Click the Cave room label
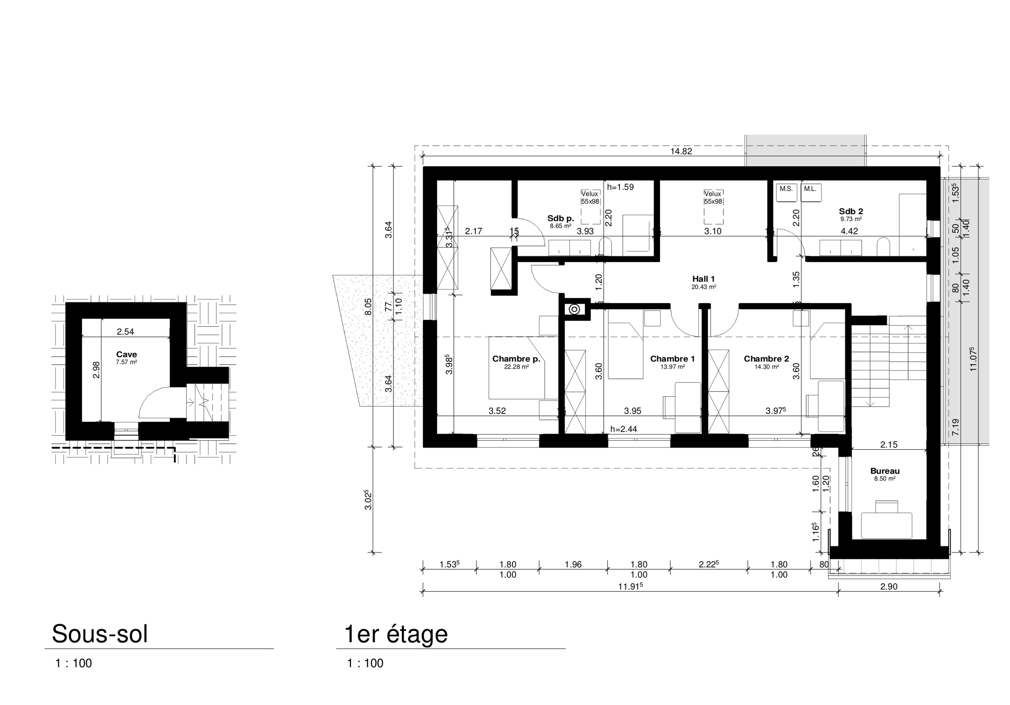126,355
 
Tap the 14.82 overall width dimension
681,151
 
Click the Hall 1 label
703,279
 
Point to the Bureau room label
885,471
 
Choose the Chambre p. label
516,359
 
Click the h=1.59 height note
620,187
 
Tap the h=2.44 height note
623,429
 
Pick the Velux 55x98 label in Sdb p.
590,198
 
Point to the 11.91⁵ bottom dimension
630,586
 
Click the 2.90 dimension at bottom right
888,586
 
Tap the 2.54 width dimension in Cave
125,332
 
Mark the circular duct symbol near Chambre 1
574,309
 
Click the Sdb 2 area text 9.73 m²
851,219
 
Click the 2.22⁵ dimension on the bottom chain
708,564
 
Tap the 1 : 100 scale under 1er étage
365,663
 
